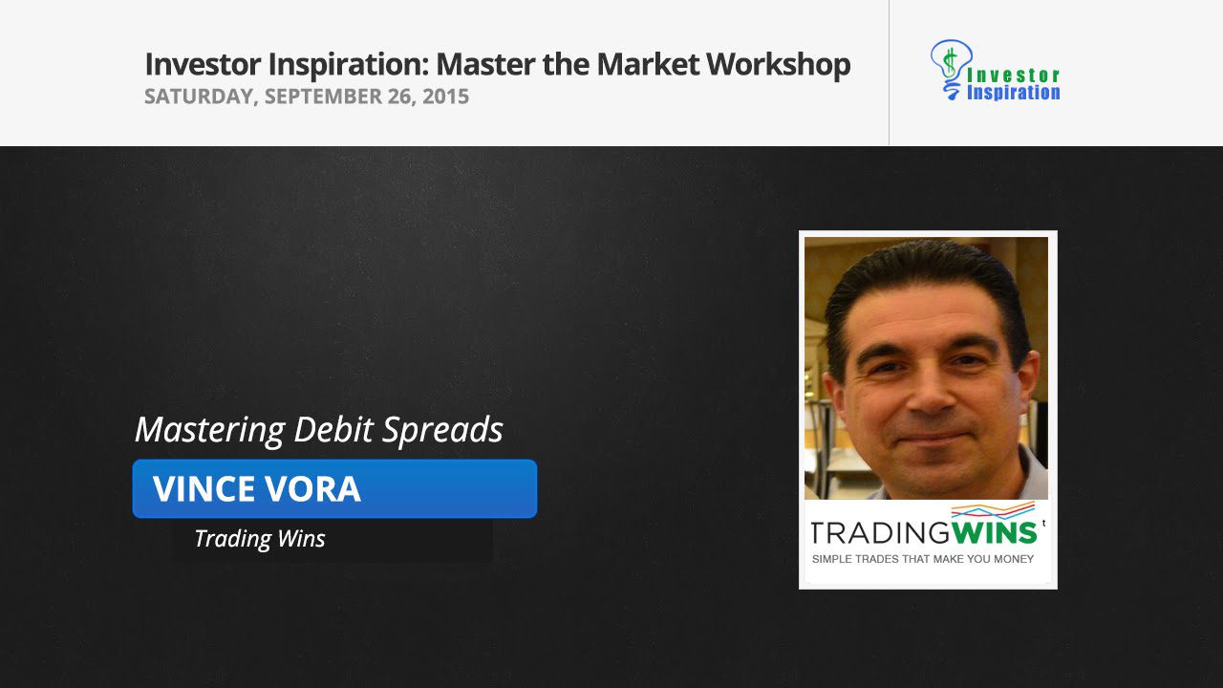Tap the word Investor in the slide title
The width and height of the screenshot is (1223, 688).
203,64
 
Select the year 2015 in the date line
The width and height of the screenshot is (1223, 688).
445,97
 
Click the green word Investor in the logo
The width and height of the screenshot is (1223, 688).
1014,75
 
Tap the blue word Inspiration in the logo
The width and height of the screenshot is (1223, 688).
1014,93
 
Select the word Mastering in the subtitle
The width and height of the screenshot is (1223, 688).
210,430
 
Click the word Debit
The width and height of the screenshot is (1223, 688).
333,429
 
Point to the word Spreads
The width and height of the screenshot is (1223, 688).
441,430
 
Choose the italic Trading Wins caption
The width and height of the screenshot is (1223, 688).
260,538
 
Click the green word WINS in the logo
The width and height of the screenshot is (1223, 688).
994,533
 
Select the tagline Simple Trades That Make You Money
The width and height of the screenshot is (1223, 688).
923,559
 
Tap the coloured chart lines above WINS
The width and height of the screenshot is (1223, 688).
993,510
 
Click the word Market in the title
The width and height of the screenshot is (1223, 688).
648,64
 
